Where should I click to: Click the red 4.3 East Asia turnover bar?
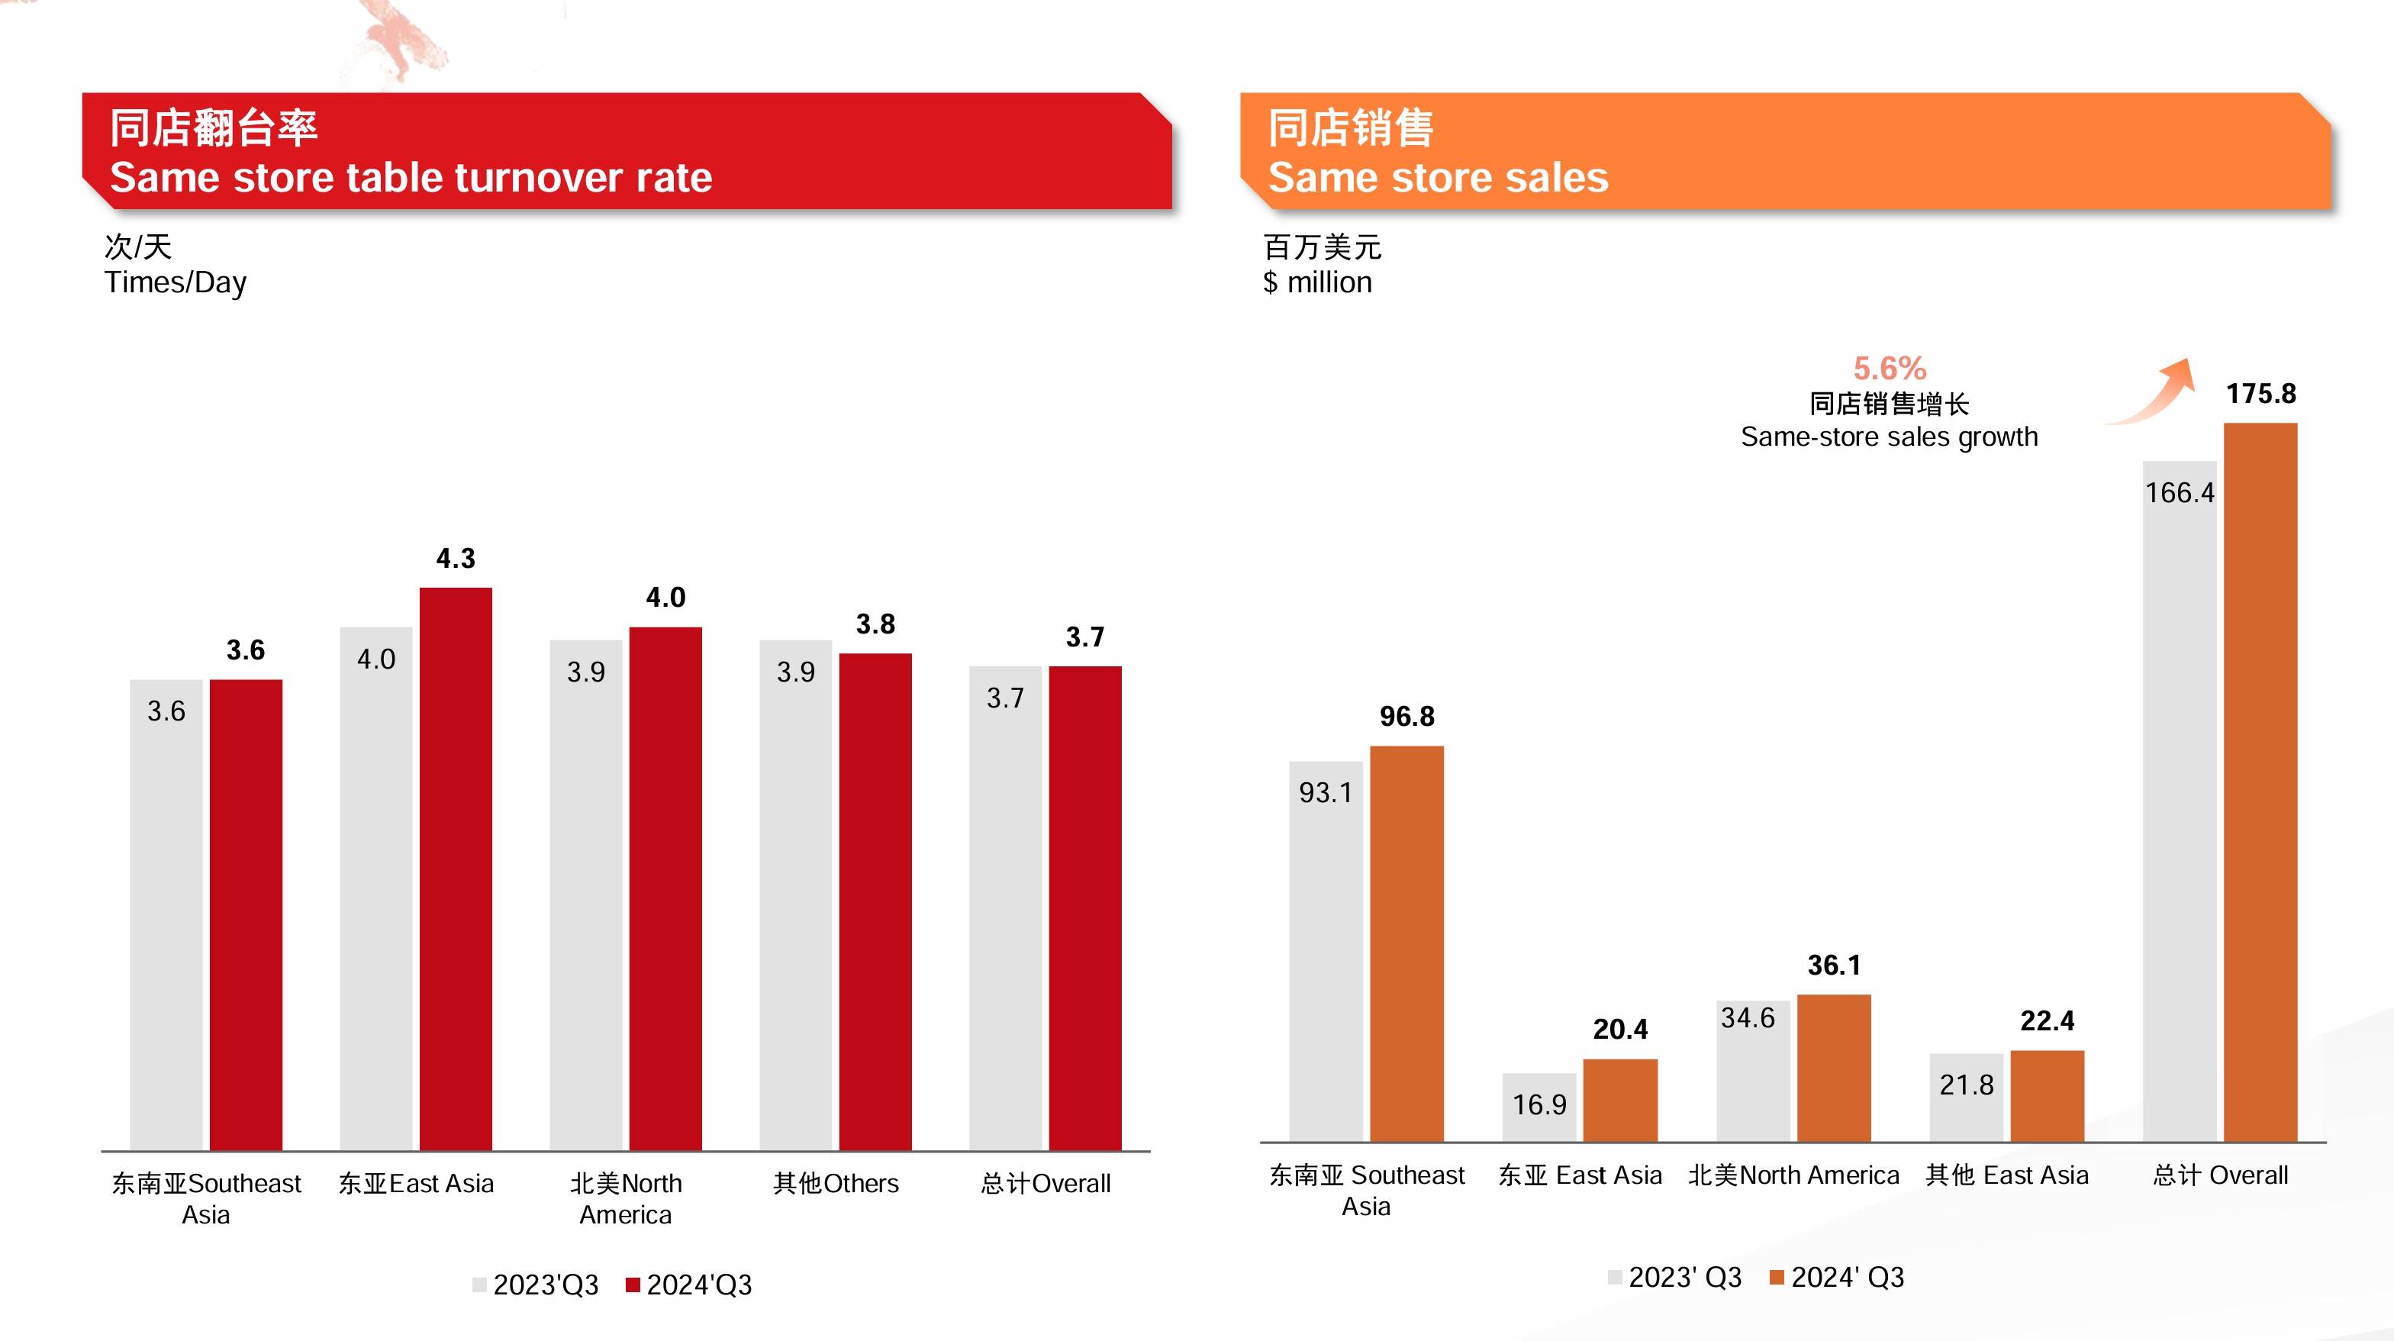[x=456, y=868]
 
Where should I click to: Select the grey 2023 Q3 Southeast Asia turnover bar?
[x=166, y=914]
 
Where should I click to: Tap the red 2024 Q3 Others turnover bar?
[x=875, y=901]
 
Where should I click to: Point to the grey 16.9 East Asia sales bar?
[x=1539, y=1107]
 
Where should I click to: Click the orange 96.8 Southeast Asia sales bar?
[x=1406, y=943]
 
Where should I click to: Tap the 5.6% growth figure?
[x=1890, y=368]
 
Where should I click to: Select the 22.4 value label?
[x=2048, y=1020]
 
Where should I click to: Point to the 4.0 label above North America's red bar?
[x=665, y=597]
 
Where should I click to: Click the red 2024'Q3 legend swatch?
[x=633, y=1285]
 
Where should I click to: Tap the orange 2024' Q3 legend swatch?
[x=1776, y=1278]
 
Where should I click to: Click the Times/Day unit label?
[x=176, y=282]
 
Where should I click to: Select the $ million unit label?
[x=1317, y=282]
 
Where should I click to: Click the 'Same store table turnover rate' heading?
[x=411, y=176]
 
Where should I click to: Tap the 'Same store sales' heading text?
[x=1438, y=176]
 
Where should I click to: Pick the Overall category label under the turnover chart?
[x=1046, y=1183]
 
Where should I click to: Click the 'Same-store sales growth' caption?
[x=1889, y=437]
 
